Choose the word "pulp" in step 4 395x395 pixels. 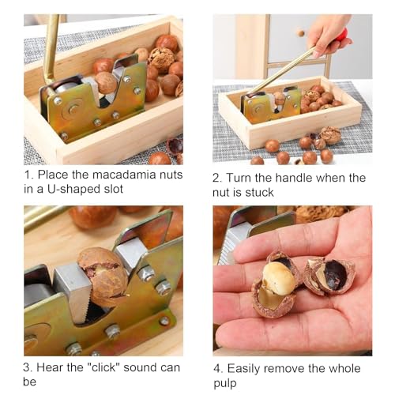231,382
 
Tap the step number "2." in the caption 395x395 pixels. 220,179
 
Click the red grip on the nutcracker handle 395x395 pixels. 342,35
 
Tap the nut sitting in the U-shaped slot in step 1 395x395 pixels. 106,82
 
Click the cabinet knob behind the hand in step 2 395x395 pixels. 300,33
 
